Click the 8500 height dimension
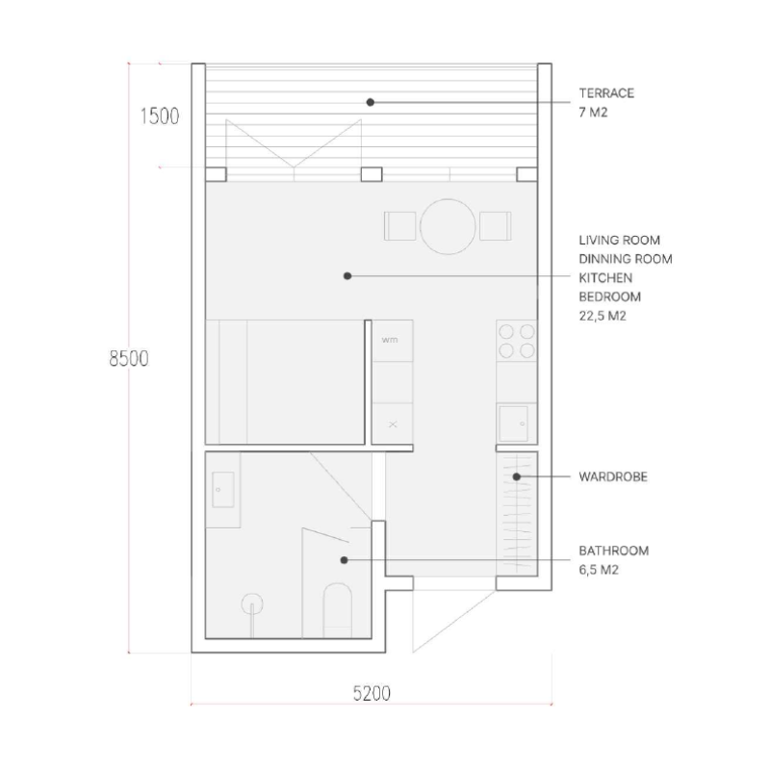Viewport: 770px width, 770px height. pyautogui.click(x=129, y=359)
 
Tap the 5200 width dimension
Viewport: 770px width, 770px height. pyautogui.click(x=372, y=693)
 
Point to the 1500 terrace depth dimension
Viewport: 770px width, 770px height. pyautogui.click(x=160, y=116)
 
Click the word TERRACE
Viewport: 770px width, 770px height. pyautogui.click(x=606, y=93)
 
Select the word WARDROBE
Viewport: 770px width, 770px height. pyautogui.click(x=613, y=476)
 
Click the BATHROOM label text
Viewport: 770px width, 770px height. pyautogui.click(x=614, y=551)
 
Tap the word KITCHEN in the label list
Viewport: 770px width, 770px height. pyautogui.click(x=605, y=278)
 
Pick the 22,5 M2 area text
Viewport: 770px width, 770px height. pyautogui.click(x=603, y=316)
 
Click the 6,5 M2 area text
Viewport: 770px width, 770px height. pyautogui.click(x=599, y=570)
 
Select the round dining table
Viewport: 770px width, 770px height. pyautogui.click(x=448, y=226)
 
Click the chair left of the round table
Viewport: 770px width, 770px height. pyautogui.click(x=399, y=226)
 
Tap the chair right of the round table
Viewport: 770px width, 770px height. pyautogui.click(x=496, y=226)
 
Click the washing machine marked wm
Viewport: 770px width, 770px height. pyautogui.click(x=393, y=341)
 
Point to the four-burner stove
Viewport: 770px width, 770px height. pyautogui.click(x=517, y=342)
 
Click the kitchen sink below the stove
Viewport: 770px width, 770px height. pyautogui.click(x=514, y=423)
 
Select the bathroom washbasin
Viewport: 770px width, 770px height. pyautogui.click(x=223, y=490)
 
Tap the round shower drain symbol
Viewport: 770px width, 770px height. pyautogui.click(x=252, y=604)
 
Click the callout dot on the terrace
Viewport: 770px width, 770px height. pyautogui.click(x=371, y=102)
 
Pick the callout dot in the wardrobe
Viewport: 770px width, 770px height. pyautogui.click(x=517, y=476)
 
